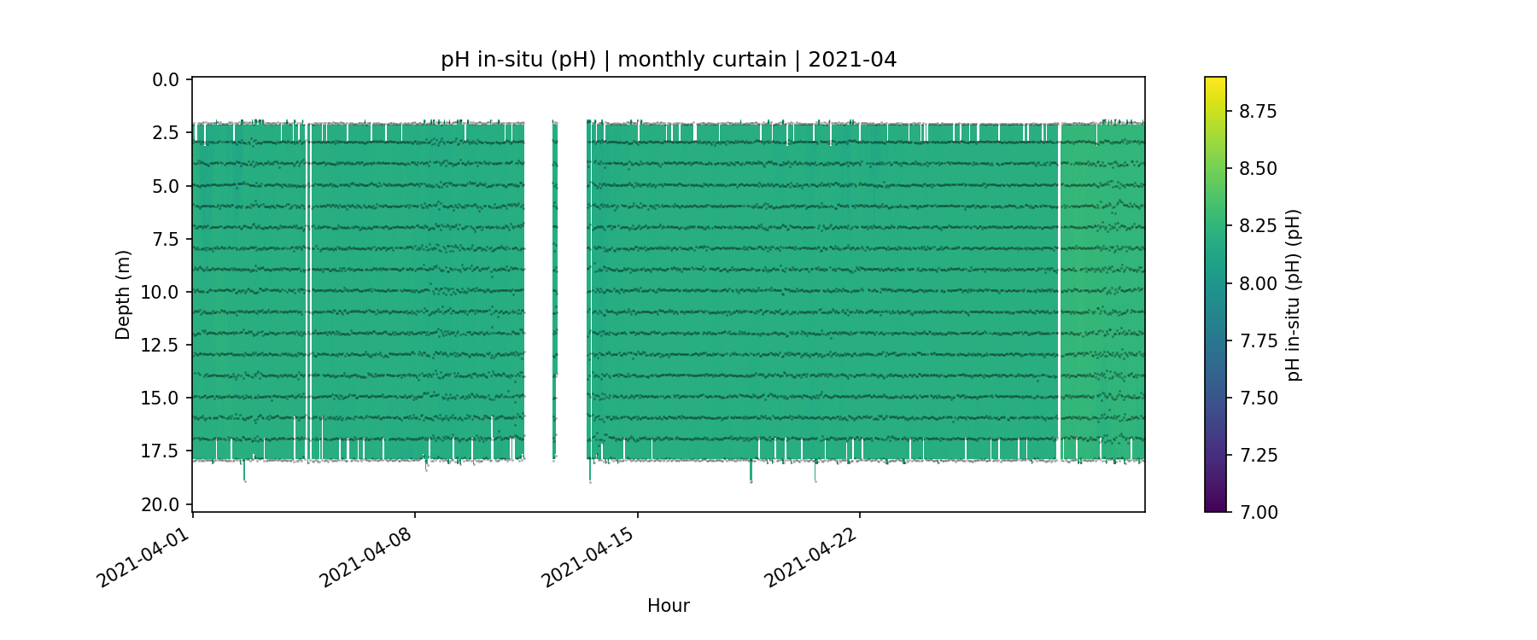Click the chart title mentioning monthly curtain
pyautogui.click(x=669, y=60)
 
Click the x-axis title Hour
pyautogui.click(x=669, y=606)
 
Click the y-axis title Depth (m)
pyautogui.click(x=123, y=294)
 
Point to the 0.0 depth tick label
pyautogui.click(x=166, y=80)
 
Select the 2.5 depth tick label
pyautogui.click(x=166, y=133)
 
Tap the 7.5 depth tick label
pyautogui.click(x=166, y=239)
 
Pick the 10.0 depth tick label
pyautogui.click(x=161, y=292)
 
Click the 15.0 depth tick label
pyautogui.click(x=161, y=398)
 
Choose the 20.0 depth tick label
pyautogui.click(x=161, y=504)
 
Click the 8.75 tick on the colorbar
pyautogui.click(x=1259, y=111)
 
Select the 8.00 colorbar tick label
pyautogui.click(x=1259, y=283)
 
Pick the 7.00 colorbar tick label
pyautogui.click(x=1259, y=512)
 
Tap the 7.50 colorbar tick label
pyautogui.click(x=1259, y=398)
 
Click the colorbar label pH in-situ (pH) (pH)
pyautogui.click(x=1294, y=294)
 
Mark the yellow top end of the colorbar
pyautogui.click(x=1215, y=80)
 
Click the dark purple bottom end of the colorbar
pyautogui.click(x=1215, y=509)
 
